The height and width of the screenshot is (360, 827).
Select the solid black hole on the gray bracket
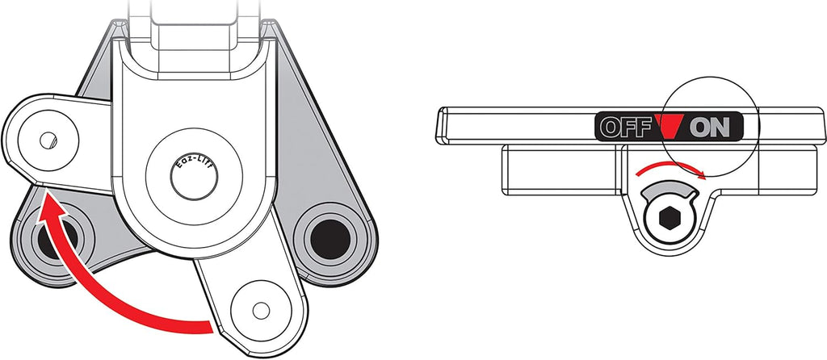point(330,239)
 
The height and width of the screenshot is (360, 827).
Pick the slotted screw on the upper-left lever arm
point(48,140)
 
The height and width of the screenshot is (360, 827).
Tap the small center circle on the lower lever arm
point(261,311)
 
